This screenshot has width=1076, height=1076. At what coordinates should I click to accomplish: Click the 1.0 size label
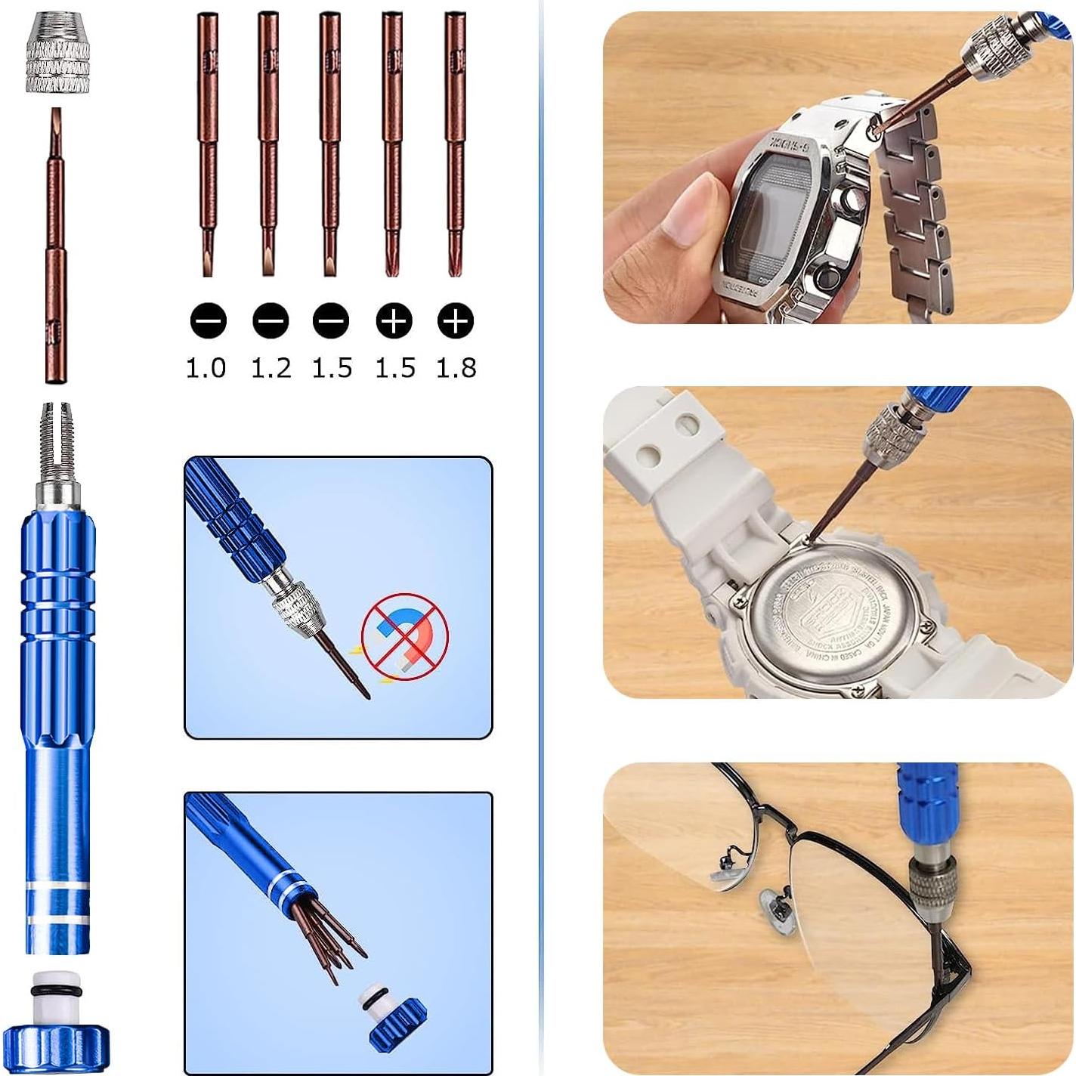(x=206, y=368)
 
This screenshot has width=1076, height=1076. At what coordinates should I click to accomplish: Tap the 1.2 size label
(x=271, y=368)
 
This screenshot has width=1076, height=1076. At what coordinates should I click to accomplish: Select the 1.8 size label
(x=456, y=368)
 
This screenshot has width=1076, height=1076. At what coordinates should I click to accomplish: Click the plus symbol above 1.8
(x=455, y=321)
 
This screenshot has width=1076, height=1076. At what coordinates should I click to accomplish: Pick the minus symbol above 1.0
(x=208, y=321)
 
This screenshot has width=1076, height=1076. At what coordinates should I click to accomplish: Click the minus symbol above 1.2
(x=271, y=321)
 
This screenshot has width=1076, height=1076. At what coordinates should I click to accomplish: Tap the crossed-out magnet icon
(x=404, y=635)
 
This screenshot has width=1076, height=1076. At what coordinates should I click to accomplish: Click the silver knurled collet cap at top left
(x=57, y=57)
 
